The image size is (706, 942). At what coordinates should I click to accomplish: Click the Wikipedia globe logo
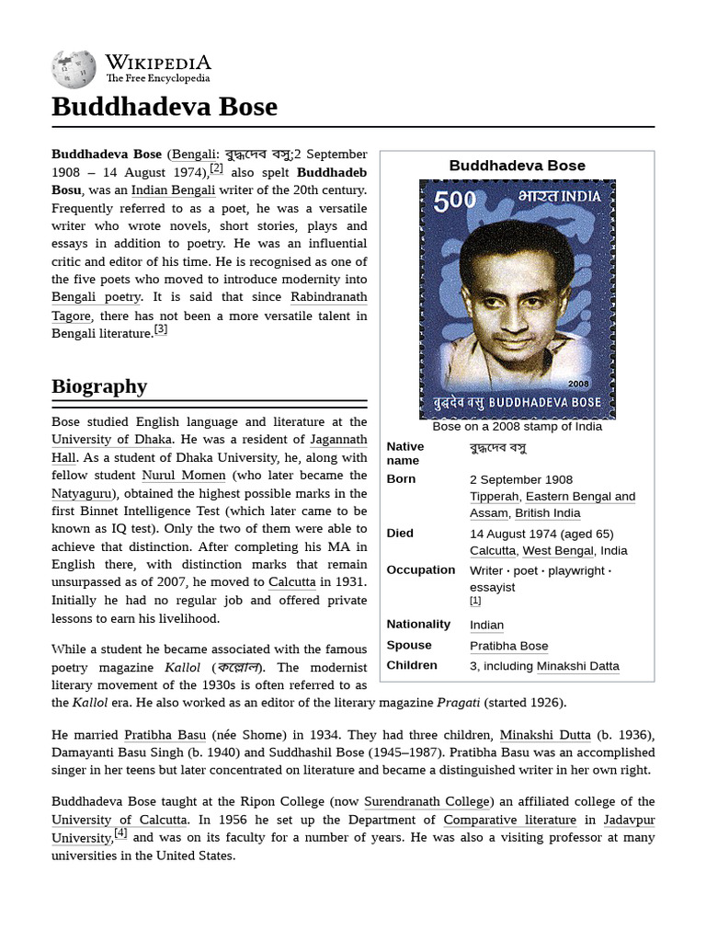click(74, 69)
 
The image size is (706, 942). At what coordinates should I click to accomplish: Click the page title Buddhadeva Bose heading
click(164, 107)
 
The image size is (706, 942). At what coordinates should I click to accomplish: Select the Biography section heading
click(99, 385)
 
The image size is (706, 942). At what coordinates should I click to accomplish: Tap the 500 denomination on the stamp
click(455, 201)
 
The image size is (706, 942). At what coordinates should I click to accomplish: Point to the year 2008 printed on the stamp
click(578, 383)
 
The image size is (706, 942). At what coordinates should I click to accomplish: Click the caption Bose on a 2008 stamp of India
click(517, 426)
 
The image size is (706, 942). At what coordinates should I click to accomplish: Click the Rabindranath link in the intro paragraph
click(328, 297)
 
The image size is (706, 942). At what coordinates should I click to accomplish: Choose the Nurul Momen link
click(183, 476)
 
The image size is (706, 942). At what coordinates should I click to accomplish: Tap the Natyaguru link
click(83, 493)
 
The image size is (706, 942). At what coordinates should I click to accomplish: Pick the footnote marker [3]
click(161, 329)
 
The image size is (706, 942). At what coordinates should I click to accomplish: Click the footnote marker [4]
click(120, 833)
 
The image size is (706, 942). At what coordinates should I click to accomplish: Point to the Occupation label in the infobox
click(419, 569)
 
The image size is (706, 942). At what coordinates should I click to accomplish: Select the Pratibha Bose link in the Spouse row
click(508, 646)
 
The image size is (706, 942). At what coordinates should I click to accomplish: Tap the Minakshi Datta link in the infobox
click(577, 666)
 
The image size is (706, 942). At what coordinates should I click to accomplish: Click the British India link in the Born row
click(547, 513)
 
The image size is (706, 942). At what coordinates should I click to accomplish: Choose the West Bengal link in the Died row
click(558, 550)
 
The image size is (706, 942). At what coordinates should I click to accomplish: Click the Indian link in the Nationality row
click(486, 625)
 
